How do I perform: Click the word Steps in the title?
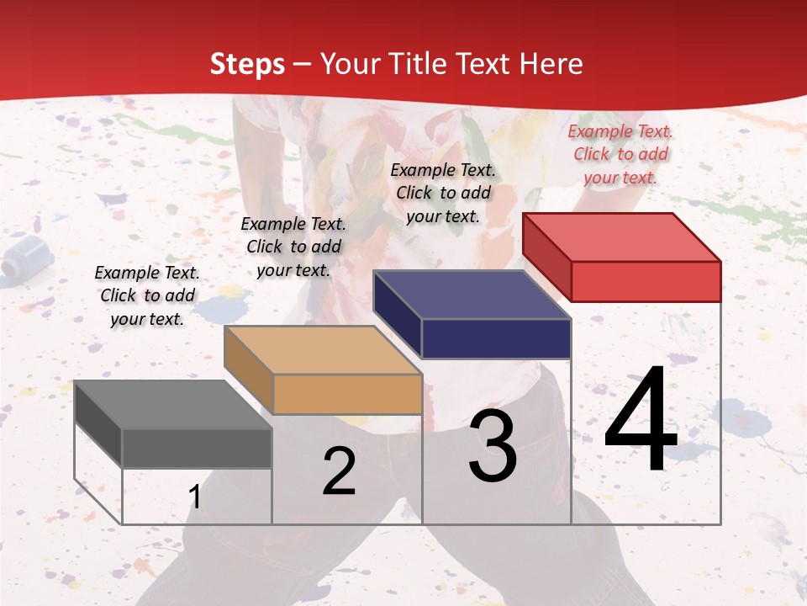[x=246, y=64]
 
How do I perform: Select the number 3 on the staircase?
[x=493, y=446]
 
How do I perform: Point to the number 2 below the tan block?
[x=339, y=472]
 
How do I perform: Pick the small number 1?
[x=195, y=497]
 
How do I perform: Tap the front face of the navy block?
[x=496, y=339]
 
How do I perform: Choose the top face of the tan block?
[x=323, y=350]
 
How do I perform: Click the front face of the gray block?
[x=197, y=449]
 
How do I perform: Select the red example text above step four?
[x=620, y=154]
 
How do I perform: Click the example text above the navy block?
[x=443, y=193]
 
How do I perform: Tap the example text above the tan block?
[x=293, y=247]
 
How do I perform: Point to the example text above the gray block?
[x=147, y=295]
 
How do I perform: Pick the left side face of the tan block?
[x=248, y=369]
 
